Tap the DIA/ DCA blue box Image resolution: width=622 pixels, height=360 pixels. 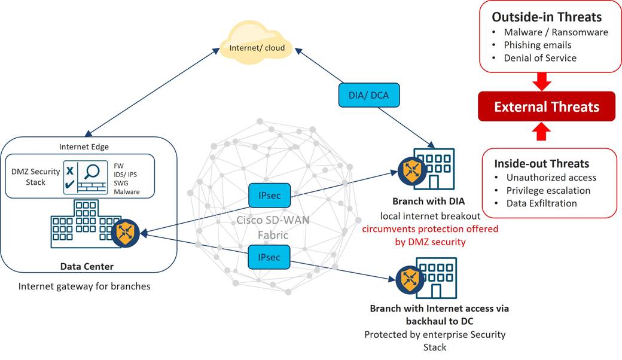click(368, 95)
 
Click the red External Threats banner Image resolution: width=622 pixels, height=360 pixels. click(546, 107)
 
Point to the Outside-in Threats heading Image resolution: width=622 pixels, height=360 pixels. click(546, 17)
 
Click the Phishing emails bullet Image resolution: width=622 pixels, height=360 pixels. click(537, 45)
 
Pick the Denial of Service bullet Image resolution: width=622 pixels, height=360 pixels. click(540, 58)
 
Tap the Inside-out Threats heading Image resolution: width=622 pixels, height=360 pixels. click(541, 163)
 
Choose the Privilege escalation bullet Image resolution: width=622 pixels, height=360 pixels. click(548, 190)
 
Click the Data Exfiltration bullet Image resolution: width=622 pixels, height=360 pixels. click(541, 203)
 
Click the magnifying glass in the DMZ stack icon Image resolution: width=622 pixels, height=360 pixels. click(92, 172)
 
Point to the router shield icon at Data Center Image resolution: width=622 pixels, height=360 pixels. click(126, 233)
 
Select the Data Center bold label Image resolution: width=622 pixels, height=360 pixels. click(87, 267)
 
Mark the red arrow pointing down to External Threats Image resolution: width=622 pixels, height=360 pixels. click(541, 80)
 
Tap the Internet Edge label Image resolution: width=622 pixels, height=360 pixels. click(84, 147)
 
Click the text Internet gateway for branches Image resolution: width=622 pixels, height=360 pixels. click(84, 286)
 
